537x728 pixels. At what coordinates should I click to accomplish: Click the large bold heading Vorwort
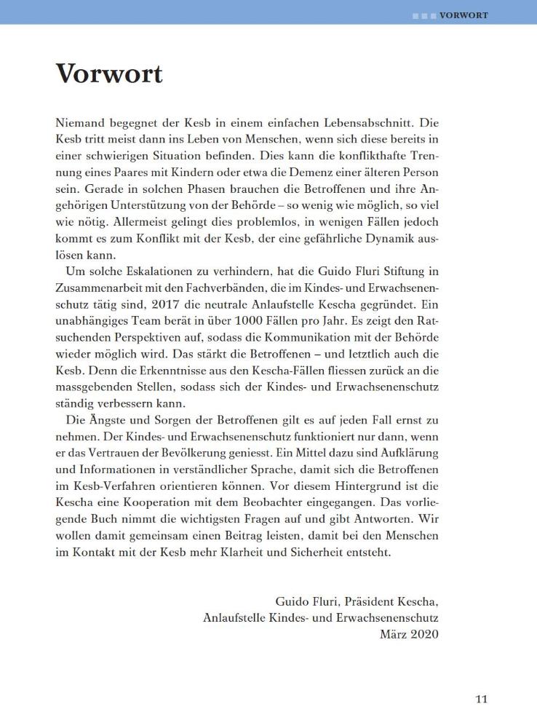(x=109, y=74)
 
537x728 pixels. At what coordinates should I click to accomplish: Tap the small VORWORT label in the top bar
(x=464, y=15)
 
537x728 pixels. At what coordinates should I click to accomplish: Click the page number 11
(x=481, y=700)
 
